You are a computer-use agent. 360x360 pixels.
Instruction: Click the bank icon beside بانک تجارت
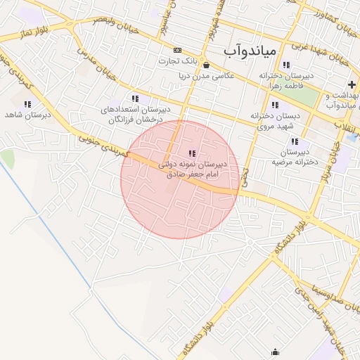[x=177, y=50]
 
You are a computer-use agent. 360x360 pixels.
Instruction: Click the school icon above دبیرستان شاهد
[x=27, y=104]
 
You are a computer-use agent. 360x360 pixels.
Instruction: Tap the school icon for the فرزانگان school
[x=134, y=99]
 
